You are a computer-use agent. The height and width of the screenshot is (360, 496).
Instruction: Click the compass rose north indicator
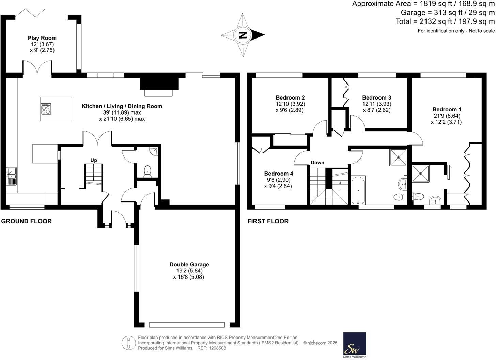pos(243,35)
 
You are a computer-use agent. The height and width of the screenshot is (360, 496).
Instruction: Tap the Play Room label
pos(42,38)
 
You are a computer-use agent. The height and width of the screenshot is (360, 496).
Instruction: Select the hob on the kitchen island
pos(46,109)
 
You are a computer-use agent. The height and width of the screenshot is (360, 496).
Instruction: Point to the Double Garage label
pos(189,264)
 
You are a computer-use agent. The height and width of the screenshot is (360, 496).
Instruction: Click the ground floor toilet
pos(148,170)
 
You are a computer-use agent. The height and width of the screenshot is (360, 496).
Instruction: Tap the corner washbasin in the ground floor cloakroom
pos(154,151)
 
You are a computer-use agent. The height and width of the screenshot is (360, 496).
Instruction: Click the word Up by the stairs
pos(94,160)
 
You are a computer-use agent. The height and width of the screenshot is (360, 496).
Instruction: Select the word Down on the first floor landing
pos(317,163)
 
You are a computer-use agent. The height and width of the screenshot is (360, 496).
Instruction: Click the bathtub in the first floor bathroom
pos(358,190)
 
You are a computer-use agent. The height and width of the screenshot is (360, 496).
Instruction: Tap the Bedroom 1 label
pos(447,109)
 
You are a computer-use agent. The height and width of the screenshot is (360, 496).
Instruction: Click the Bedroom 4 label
pos(278,174)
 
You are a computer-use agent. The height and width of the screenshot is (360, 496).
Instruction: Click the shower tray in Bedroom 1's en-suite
pos(420,173)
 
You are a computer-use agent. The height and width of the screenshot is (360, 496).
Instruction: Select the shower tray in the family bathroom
pos(398,157)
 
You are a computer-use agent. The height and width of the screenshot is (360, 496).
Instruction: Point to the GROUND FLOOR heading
pos(27,221)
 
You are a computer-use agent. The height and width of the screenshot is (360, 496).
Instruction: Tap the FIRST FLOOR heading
pos(268,221)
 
